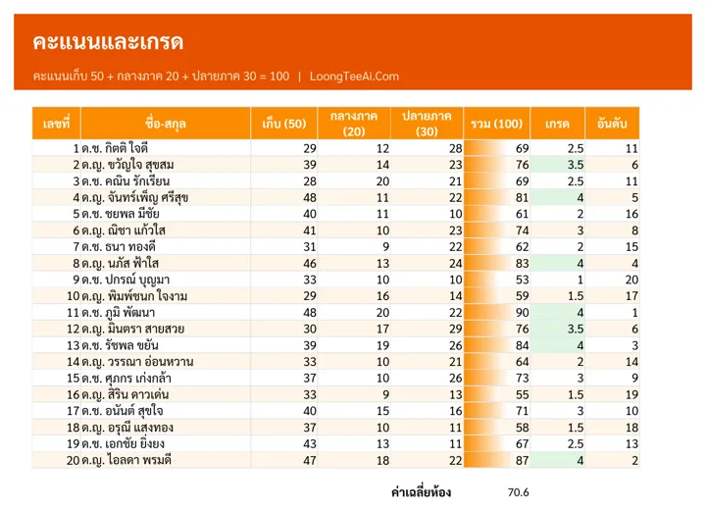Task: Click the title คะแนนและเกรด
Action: click(108, 42)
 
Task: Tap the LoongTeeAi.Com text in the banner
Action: click(354, 77)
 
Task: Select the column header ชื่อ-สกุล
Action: click(166, 124)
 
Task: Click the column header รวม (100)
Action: click(496, 124)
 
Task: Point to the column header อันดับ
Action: click(612, 124)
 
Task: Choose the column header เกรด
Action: click(557, 124)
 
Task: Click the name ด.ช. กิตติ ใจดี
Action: click(115, 148)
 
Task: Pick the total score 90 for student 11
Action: click(523, 313)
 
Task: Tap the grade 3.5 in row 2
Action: click(576, 165)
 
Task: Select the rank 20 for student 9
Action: click(631, 280)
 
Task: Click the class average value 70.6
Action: click(519, 492)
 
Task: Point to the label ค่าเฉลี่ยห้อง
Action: click(421, 492)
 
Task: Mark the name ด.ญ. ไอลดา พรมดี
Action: click(126, 460)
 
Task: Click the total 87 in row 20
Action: click(523, 460)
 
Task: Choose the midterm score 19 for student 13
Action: click(382, 345)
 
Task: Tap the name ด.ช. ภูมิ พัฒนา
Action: click(119, 313)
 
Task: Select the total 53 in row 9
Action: click(523, 280)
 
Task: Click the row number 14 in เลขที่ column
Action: click(73, 362)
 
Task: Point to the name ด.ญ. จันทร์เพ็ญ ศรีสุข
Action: click(135, 197)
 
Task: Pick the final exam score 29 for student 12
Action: click(456, 329)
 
